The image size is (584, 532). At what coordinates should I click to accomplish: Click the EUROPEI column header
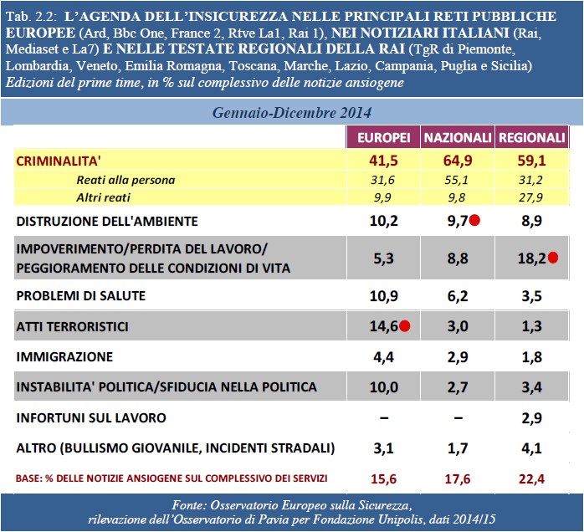click(384, 137)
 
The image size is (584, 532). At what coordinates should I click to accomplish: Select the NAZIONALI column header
click(457, 137)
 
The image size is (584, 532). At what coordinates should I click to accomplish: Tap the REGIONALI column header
click(531, 137)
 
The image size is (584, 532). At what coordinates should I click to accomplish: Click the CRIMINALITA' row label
click(65, 161)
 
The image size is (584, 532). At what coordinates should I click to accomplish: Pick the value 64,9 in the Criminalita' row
click(457, 161)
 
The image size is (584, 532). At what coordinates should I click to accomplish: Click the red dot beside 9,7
click(474, 221)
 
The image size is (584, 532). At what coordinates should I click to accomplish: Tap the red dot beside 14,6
click(405, 327)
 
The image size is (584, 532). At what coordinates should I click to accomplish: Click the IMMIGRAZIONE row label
click(65, 357)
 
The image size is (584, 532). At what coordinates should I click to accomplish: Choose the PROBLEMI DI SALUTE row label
click(81, 296)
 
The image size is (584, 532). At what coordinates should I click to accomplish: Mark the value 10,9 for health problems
click(384, 296)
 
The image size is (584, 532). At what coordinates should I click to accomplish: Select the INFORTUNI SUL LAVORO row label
click(91, 417)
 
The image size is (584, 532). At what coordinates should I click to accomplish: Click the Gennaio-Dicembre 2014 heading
click(292, 112)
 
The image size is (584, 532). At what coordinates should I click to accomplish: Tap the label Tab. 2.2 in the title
click(30, 17)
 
